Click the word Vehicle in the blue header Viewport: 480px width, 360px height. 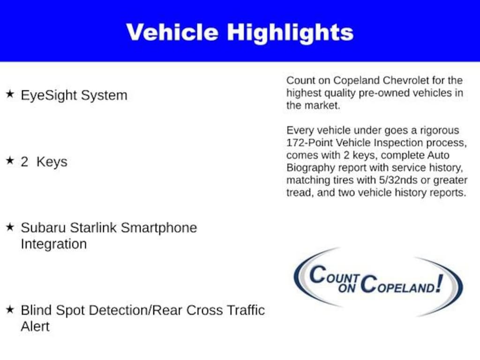tap(172, 32)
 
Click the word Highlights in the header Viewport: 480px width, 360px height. tap(290, 34)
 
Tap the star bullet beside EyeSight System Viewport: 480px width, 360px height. tap(10, 94)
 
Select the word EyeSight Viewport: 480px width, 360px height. tap(49, 96)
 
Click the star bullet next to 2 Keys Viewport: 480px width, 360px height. tap(10, 160)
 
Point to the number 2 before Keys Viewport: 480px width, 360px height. tap(24, 162)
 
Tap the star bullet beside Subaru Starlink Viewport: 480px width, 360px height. tap(10, 227)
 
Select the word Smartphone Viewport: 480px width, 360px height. tap(159, 228)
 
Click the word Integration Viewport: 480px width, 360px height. tap(54, 244)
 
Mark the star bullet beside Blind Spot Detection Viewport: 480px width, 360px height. tap(10, 309)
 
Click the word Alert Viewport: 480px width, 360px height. tap(35, 326)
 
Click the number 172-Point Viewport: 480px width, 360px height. tap(309, 142)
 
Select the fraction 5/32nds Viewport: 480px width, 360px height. tap(398, 180)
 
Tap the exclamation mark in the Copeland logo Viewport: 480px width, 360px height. tap(440, 283)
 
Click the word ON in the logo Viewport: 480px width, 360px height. tap(347, 288)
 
